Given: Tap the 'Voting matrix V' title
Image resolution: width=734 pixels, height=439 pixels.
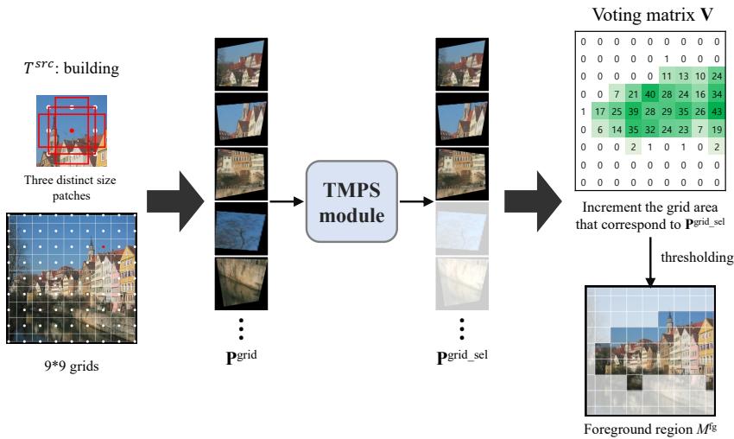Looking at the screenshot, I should (648, 15).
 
